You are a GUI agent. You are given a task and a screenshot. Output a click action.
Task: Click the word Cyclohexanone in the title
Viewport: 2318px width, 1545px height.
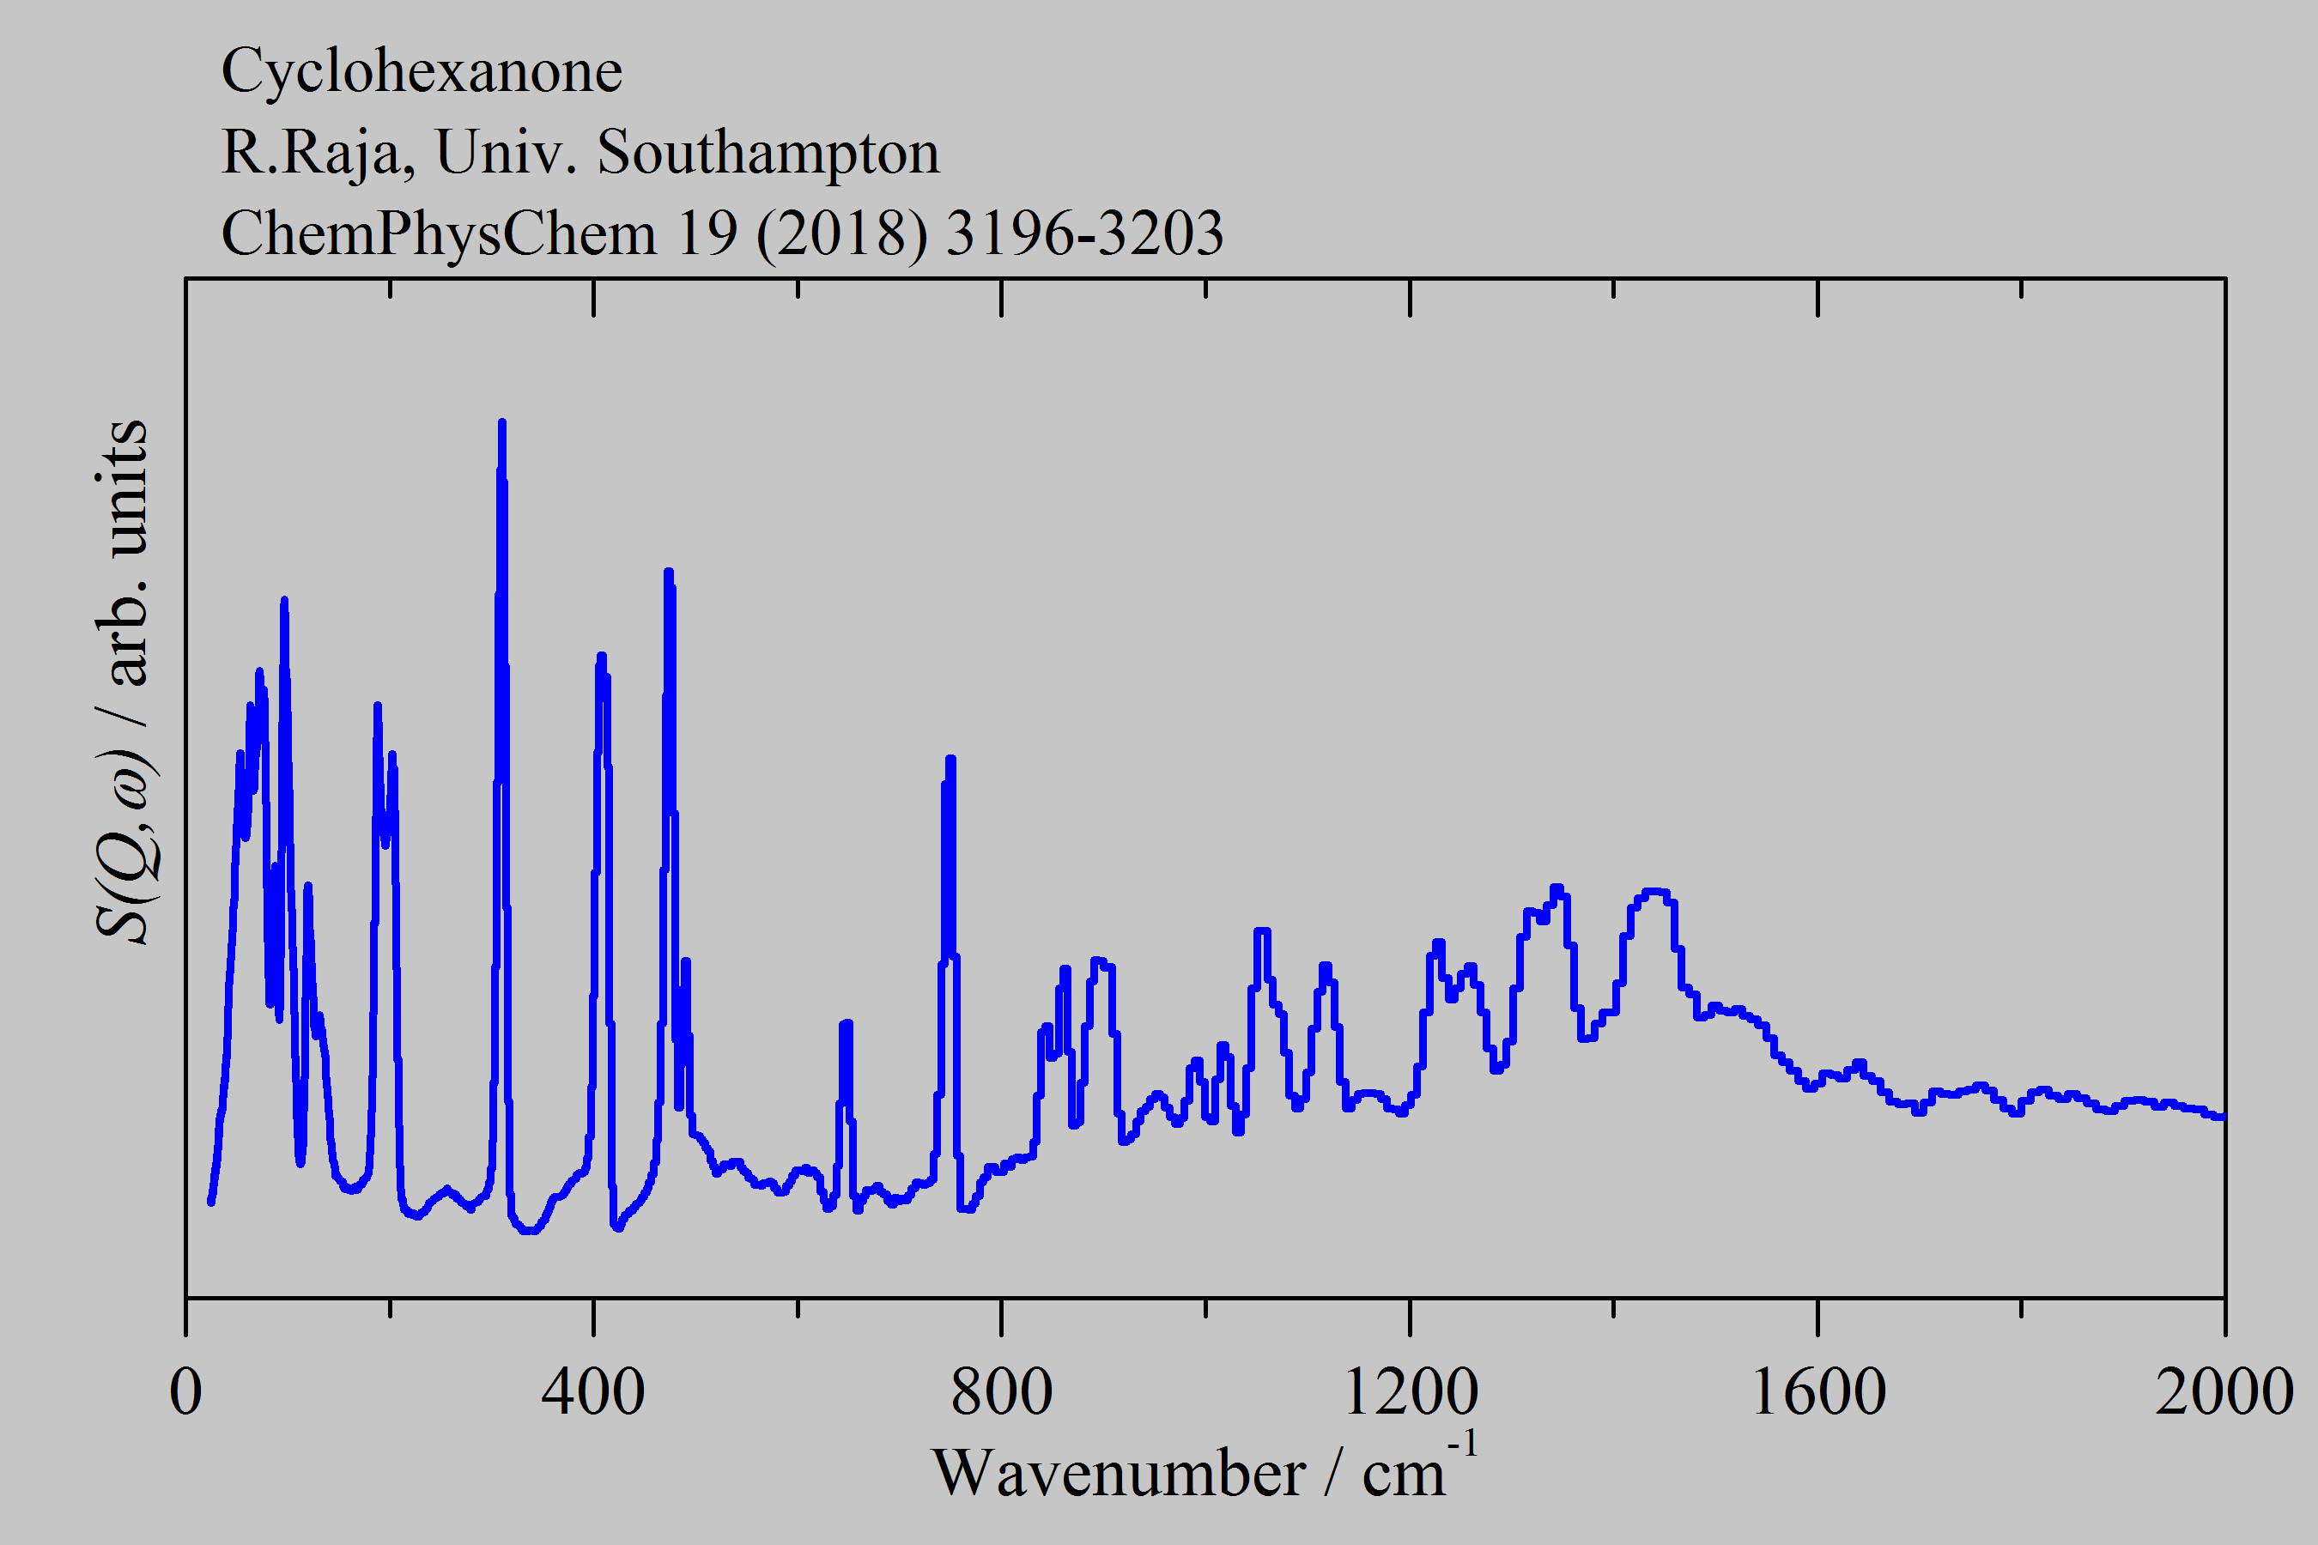421,71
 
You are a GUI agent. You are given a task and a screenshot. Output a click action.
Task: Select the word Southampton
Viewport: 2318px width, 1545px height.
768,153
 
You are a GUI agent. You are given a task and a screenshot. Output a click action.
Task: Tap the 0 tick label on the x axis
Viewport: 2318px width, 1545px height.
185,1392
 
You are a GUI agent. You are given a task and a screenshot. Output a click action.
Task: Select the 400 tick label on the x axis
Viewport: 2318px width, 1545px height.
593,1392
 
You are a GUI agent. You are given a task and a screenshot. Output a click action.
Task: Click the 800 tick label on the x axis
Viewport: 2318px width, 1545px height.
1001,1392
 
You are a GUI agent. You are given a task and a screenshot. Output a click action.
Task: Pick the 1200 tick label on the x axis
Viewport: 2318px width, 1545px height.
1410,1392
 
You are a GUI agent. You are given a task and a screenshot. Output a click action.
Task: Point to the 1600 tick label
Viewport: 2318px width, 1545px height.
1817,1392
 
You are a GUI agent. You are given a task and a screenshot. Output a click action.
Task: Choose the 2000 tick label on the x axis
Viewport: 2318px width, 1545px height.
2224,1392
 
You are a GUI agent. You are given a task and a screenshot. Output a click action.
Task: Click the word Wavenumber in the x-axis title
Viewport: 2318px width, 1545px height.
1118,1474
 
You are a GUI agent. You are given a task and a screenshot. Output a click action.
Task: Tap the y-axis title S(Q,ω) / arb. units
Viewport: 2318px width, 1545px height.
123,680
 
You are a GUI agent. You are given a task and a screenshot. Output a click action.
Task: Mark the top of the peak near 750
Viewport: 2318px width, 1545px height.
950,759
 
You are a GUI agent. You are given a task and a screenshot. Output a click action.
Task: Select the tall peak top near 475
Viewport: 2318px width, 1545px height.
668,572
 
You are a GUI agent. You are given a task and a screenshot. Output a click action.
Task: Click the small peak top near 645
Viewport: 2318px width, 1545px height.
846,1025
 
